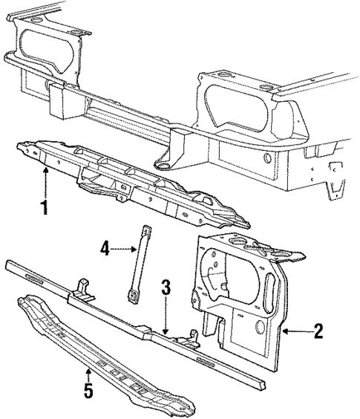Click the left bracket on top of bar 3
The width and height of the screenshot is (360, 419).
point(82,288)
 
